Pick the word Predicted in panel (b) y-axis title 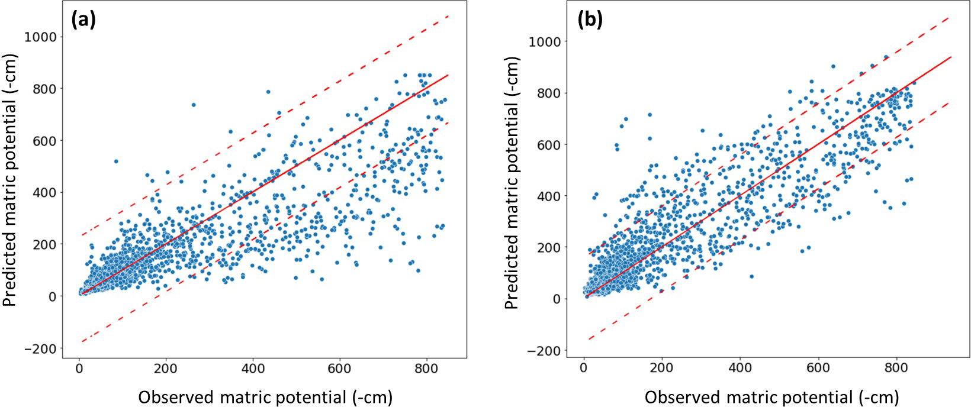coord(512,272)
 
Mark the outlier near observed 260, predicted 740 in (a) coord(193,105)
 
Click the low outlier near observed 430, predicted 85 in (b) coord(751,276)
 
